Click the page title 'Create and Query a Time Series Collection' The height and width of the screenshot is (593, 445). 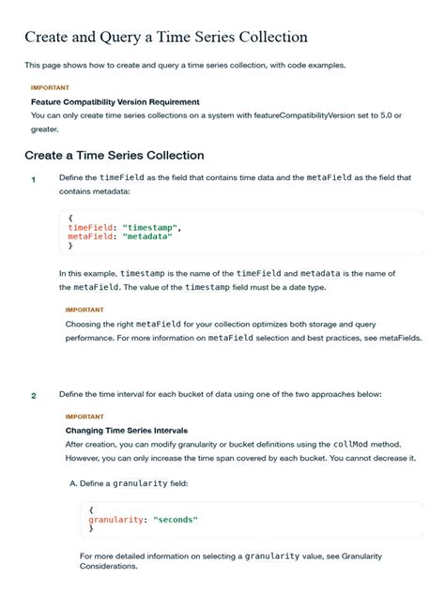166,38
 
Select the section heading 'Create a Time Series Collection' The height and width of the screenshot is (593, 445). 114,155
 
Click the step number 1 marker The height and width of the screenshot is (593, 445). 33,179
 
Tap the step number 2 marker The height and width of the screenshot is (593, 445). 33,395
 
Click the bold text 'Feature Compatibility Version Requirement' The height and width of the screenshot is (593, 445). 115,101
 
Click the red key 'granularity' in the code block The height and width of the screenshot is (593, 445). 115,519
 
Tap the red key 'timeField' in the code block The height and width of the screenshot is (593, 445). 91,227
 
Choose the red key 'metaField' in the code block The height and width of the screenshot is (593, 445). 91,236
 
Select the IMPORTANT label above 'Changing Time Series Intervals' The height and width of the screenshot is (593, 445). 84,417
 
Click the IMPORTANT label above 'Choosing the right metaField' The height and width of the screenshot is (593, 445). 84,309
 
